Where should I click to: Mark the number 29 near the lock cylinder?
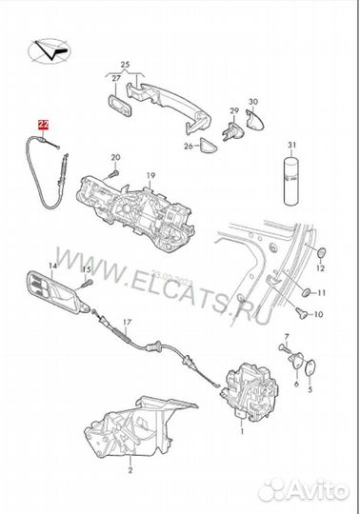pyautogui.click(x=232, y=110)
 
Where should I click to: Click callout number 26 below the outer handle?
pyautogui.click(x=187, y=146)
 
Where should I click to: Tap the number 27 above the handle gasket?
pyautogui.click(x=115, y=77)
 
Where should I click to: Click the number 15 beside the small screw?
pyautogui.click(x=85, y=269)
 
